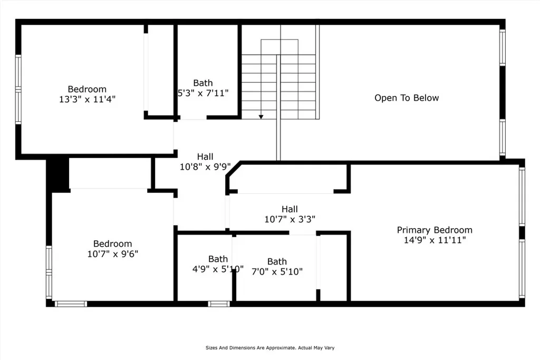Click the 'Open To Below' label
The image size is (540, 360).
pyautogui.click(x=407, y=98)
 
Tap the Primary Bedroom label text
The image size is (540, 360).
pyautogui.click(x=435, y=230)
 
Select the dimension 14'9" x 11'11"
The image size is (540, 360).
pyautogui.click(x=435, y=240)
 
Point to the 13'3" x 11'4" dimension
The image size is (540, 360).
pyautogui.click(x=87, y=99)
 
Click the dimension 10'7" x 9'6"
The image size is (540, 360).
pyautogui.click(x=113, y=254)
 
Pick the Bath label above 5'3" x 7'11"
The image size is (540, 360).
pyautogui.click(x=203, y=83)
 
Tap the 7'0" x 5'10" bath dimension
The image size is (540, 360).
pyautogui.click(x=277, y=271)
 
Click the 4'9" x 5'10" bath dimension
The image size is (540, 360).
pyautogui.click(x=218, y=269)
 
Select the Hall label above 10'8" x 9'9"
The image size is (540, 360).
pyautogui.click(x=205, y=157)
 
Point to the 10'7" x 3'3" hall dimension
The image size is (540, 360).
pyautogui.click(x=290, y=219)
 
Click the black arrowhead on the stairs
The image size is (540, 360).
pyautogui.click(x=261, y=117)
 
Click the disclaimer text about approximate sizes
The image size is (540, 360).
pyautogui.click(x=270, y=348)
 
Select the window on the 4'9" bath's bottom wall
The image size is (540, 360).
pyautogui.click(x=219, y=304)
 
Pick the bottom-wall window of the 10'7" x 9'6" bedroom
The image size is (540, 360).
pyautogui.click(x=71, y=304)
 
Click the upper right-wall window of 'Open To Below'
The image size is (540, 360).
pyautogui.click(x=503, y=47)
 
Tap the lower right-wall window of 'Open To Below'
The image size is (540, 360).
pyautogui.click(x=503, y=138)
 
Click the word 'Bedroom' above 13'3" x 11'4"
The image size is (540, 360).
pyautogui.click(x=87, y=89)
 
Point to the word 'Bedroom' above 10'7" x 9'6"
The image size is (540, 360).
pyautogui.click(x=113, y=244)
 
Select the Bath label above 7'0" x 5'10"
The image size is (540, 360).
pyautogui.click(x=277, y=261)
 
